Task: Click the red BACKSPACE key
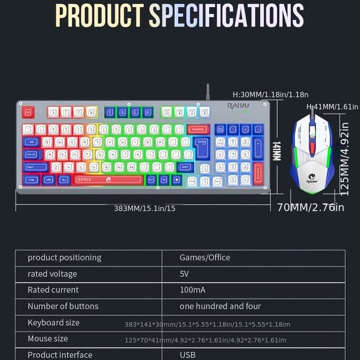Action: point(198,130)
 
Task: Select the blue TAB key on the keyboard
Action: point(31,142)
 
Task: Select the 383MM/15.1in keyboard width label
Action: point(144,208)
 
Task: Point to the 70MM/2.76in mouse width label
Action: point(310,207)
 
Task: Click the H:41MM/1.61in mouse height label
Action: point(332,107)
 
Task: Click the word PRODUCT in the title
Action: point(99,16)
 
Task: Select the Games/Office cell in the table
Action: point(205,258)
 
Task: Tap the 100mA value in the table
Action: point(193,290)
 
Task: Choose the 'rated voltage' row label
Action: point(52,274)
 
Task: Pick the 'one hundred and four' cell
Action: point(220,306)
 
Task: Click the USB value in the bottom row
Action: point(188,355)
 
